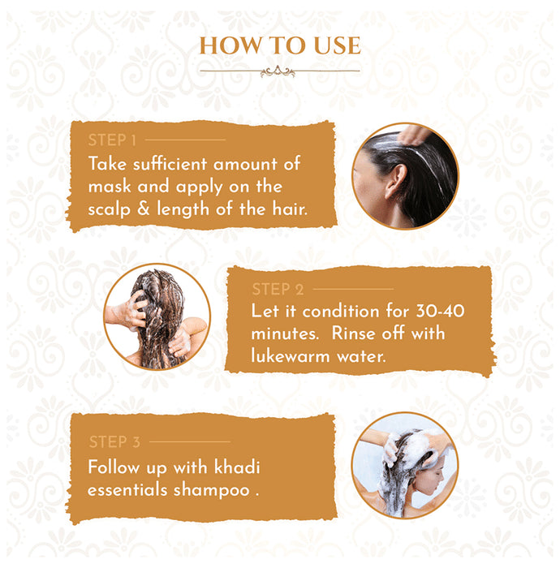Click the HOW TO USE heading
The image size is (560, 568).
point(279,45)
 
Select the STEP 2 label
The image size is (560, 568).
point(278,288)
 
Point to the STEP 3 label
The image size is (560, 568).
point(114,442)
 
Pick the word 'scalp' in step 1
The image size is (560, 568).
point(114,210)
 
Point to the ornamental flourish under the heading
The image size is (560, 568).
point(278,71)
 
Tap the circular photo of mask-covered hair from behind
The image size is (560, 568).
point(157,316)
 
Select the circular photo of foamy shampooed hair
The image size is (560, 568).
point(404,464)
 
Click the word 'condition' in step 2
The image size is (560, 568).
point(334,312)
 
